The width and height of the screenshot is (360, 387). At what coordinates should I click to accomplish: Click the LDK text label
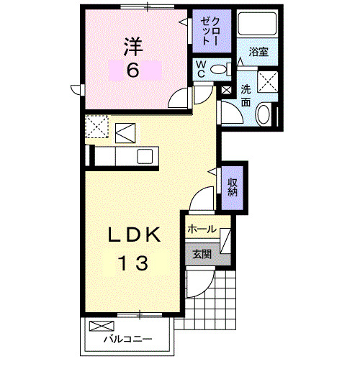click(x=133, y=235)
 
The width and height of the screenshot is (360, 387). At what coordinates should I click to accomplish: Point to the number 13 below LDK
click(x=133, y=263)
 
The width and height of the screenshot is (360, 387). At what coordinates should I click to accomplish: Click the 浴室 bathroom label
click(x=258, y=52)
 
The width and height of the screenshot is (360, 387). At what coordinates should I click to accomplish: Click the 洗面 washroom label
click(x=246, y=96)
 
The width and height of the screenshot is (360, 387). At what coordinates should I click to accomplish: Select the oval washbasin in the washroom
click(x=265, y=114)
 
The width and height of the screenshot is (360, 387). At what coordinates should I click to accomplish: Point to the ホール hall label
click(x=202, y=229)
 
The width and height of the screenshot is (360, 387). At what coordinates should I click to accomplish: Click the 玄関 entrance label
click(x=202, y=253)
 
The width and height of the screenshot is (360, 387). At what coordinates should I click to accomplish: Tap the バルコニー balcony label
click(x=127, y=338)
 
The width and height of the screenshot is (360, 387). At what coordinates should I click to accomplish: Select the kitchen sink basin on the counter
click(x=144, y=156)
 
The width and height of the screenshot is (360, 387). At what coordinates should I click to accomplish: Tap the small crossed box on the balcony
click(x=97, y=325)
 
